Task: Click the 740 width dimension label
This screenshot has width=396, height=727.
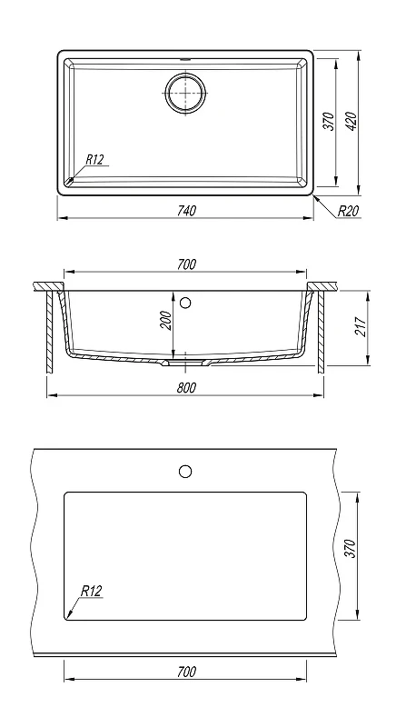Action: [186, 211]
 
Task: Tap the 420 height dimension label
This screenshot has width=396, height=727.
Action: [351, 122]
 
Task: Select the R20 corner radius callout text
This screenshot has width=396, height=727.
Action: [348, 212]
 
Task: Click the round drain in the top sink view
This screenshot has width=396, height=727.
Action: [185, 92]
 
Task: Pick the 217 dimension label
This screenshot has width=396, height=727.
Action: [361, 327]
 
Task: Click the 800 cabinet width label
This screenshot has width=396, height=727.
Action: [186, 388]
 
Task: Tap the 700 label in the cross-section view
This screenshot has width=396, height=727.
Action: [186, 264]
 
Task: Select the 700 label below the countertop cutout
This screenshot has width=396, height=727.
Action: [186, 672]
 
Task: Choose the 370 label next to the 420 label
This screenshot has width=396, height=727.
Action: [329, 122]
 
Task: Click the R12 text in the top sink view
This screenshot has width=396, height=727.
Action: [94, 160]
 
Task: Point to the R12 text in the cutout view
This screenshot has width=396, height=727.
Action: [91, 592]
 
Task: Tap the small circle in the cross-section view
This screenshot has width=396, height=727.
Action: [185, 304]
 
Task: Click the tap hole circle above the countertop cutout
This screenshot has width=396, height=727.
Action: [185, 472]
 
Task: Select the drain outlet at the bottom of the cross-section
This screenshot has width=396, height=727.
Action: [185, 363]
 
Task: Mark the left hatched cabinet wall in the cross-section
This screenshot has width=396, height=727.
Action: [50, 332]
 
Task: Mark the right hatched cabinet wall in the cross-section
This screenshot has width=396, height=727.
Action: [321, 332]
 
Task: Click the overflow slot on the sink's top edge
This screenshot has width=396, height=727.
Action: [185, 59]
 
